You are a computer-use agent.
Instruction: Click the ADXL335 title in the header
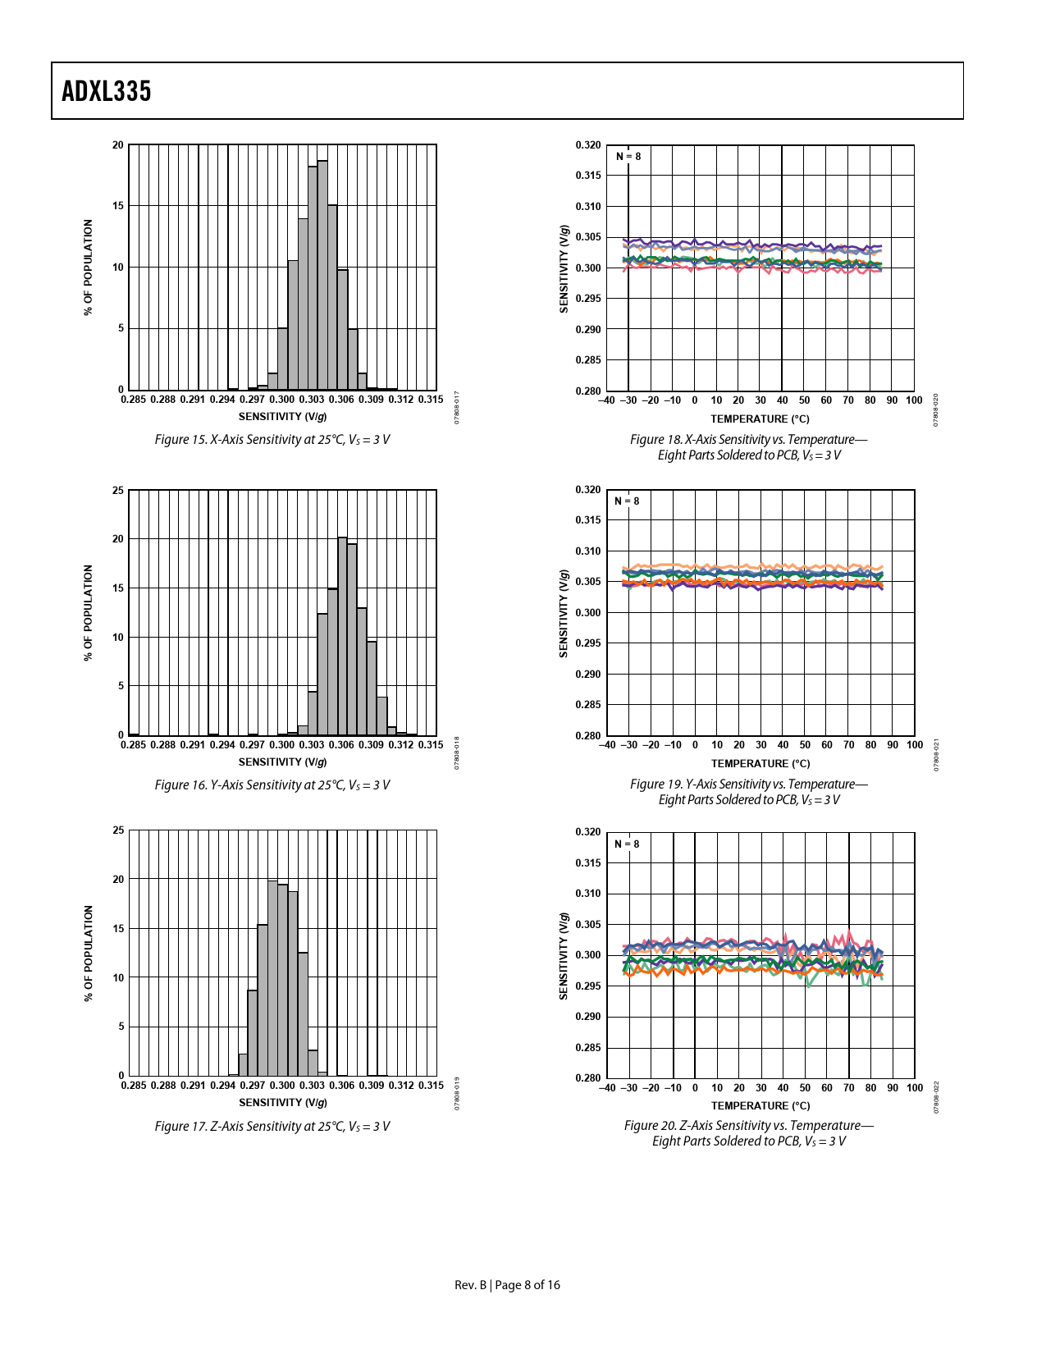tap(107, 91)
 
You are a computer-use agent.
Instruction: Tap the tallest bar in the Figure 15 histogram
tap(322, 275)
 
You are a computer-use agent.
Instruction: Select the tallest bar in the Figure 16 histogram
tap(342, 636)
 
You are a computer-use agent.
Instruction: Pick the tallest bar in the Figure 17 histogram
tap(272, 977)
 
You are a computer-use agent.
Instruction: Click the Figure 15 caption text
tap(272, 440)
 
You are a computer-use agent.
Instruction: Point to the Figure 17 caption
tap(272, 1127)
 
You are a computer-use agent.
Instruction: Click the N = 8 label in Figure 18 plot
tap(628, 157)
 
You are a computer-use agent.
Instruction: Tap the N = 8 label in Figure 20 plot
tap(627, 844)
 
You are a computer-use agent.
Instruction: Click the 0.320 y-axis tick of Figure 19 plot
tap(587, 490)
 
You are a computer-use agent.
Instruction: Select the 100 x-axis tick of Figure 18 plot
tap(914, 400)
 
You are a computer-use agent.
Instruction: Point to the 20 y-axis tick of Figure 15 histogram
tap(118, 145)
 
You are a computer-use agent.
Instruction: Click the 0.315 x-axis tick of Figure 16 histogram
tap(431, 745)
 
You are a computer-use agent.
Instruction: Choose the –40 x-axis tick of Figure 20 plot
tap(607, 1088)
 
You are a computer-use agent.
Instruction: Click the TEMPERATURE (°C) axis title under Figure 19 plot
tap(761, 764)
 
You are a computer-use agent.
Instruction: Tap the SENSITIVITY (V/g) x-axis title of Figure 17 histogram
tap(283, 1102)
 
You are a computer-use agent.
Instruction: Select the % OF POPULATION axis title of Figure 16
tap(89, 613)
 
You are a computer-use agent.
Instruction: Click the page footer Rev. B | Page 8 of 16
tap(507, 1285)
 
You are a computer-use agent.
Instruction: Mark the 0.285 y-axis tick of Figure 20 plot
tap(587, 1048)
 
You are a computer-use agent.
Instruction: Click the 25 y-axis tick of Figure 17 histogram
tap(118, 830)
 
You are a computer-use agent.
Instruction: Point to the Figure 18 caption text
tap(748, 447)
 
